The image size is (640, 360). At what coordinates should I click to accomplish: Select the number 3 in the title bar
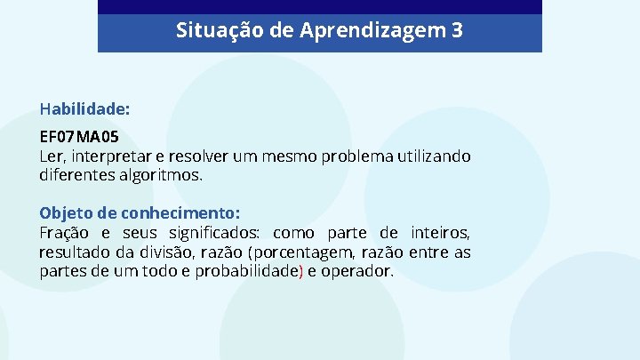(x=457, y=31)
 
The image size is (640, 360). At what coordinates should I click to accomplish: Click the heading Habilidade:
(x=84, y=109)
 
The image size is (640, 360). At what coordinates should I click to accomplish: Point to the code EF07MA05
(x=79, y=139)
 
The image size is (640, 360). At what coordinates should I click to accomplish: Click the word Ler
(x=52, y=156)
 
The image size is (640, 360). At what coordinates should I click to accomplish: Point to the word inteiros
(x=440, y=233)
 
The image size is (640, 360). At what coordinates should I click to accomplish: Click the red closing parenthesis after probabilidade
(x=301, y=271)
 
